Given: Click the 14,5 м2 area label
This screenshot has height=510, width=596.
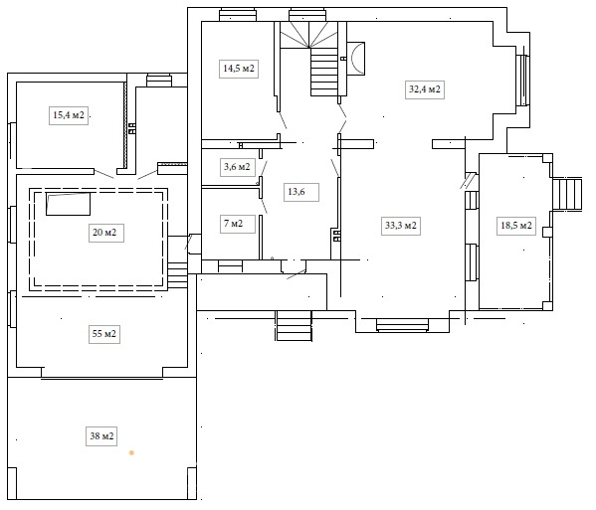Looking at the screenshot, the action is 239,69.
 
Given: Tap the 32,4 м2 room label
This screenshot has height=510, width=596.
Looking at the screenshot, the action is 425,89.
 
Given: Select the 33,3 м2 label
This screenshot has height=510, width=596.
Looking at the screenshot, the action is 401,226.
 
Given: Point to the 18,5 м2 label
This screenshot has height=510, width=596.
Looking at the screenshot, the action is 516,226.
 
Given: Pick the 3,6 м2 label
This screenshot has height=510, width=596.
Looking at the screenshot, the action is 237,167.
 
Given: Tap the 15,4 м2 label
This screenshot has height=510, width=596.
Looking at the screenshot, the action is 69,114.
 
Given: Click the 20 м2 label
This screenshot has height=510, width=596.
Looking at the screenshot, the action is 104,232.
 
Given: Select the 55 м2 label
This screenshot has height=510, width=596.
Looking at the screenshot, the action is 104,334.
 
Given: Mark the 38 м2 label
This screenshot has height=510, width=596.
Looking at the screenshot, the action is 101,436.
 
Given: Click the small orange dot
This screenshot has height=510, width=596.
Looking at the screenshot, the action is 131,452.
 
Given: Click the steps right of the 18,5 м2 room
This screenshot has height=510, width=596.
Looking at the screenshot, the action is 567,194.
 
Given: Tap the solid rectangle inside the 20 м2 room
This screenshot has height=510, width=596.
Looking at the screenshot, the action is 68,204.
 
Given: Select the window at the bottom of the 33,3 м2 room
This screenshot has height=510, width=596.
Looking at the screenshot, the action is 402,325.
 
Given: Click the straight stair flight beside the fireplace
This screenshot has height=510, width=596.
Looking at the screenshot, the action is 324,72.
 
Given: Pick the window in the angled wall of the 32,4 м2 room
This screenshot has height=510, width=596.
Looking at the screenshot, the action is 524,81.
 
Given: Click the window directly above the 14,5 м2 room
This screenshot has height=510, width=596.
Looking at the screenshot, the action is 238,15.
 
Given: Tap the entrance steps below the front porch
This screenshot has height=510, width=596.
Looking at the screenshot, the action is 294,326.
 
